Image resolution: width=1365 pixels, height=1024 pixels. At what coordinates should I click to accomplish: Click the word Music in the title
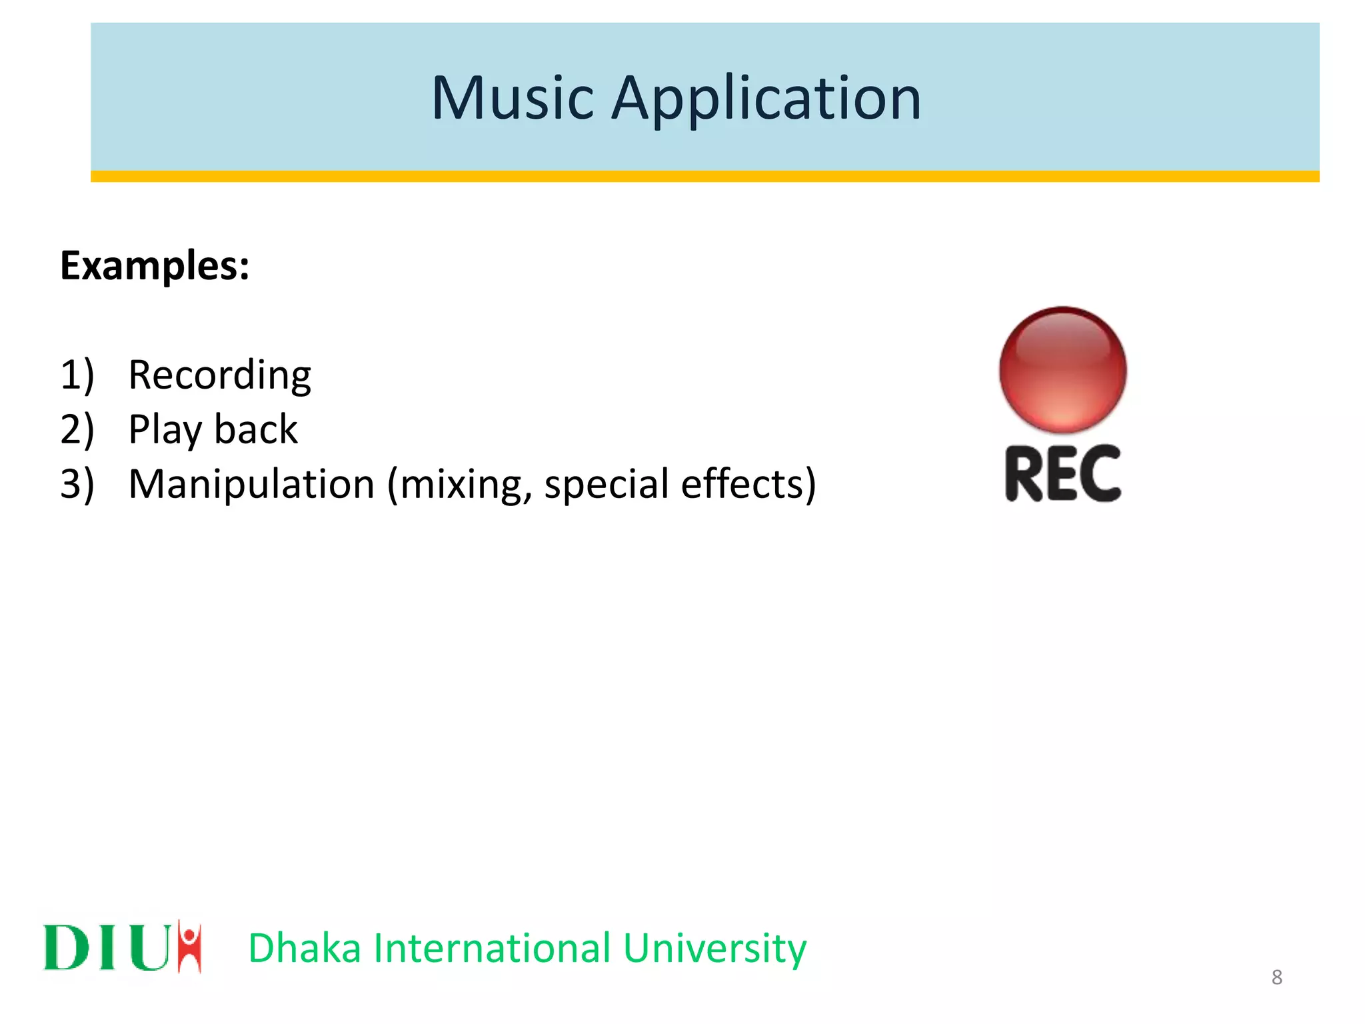(x=512, y=99)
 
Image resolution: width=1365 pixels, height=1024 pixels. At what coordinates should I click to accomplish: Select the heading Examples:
(x=155, y=266)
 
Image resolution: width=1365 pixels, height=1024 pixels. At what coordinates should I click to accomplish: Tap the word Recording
(x=219, y=375)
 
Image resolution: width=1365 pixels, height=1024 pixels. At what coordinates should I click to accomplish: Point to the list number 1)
(x=77, y=375)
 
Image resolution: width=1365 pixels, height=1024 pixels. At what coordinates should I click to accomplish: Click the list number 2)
(x=77, y=429)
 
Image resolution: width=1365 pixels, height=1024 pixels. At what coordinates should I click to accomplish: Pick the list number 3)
(x=77, y=484)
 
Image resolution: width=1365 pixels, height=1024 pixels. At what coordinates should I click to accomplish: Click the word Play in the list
(x=164, y=430)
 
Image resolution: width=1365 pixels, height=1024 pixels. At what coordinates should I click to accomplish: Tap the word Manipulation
(x=251, y=484)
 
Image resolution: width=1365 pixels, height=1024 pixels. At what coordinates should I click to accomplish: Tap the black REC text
(x=1062, y=473)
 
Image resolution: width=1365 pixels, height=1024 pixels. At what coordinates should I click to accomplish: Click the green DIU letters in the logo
(x=107, y=947)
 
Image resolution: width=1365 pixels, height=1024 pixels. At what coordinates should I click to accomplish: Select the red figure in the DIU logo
(x=189, y=946)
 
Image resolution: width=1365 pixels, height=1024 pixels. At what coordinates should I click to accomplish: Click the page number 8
(x=1276, y=977)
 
